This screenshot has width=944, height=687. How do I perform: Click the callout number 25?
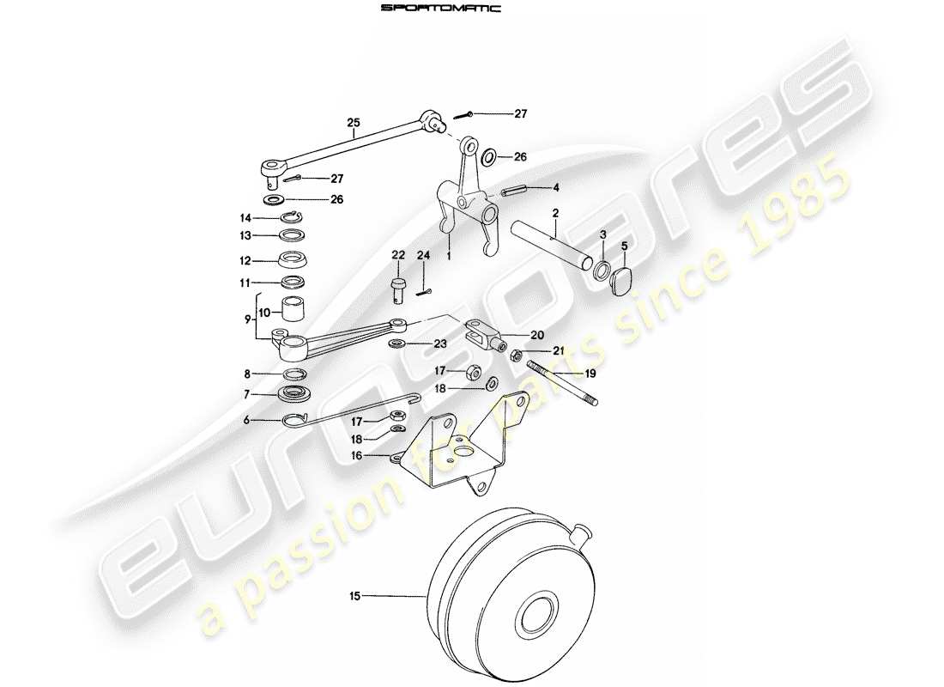coord(354,123)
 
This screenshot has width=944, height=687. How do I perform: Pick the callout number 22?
coord(397,255)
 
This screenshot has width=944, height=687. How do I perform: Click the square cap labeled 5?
coord(622,278)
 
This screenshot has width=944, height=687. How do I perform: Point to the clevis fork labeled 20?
coord(483,334)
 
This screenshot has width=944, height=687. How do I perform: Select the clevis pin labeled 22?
coord(397,287)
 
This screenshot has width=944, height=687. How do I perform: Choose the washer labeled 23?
coord(396,344)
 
